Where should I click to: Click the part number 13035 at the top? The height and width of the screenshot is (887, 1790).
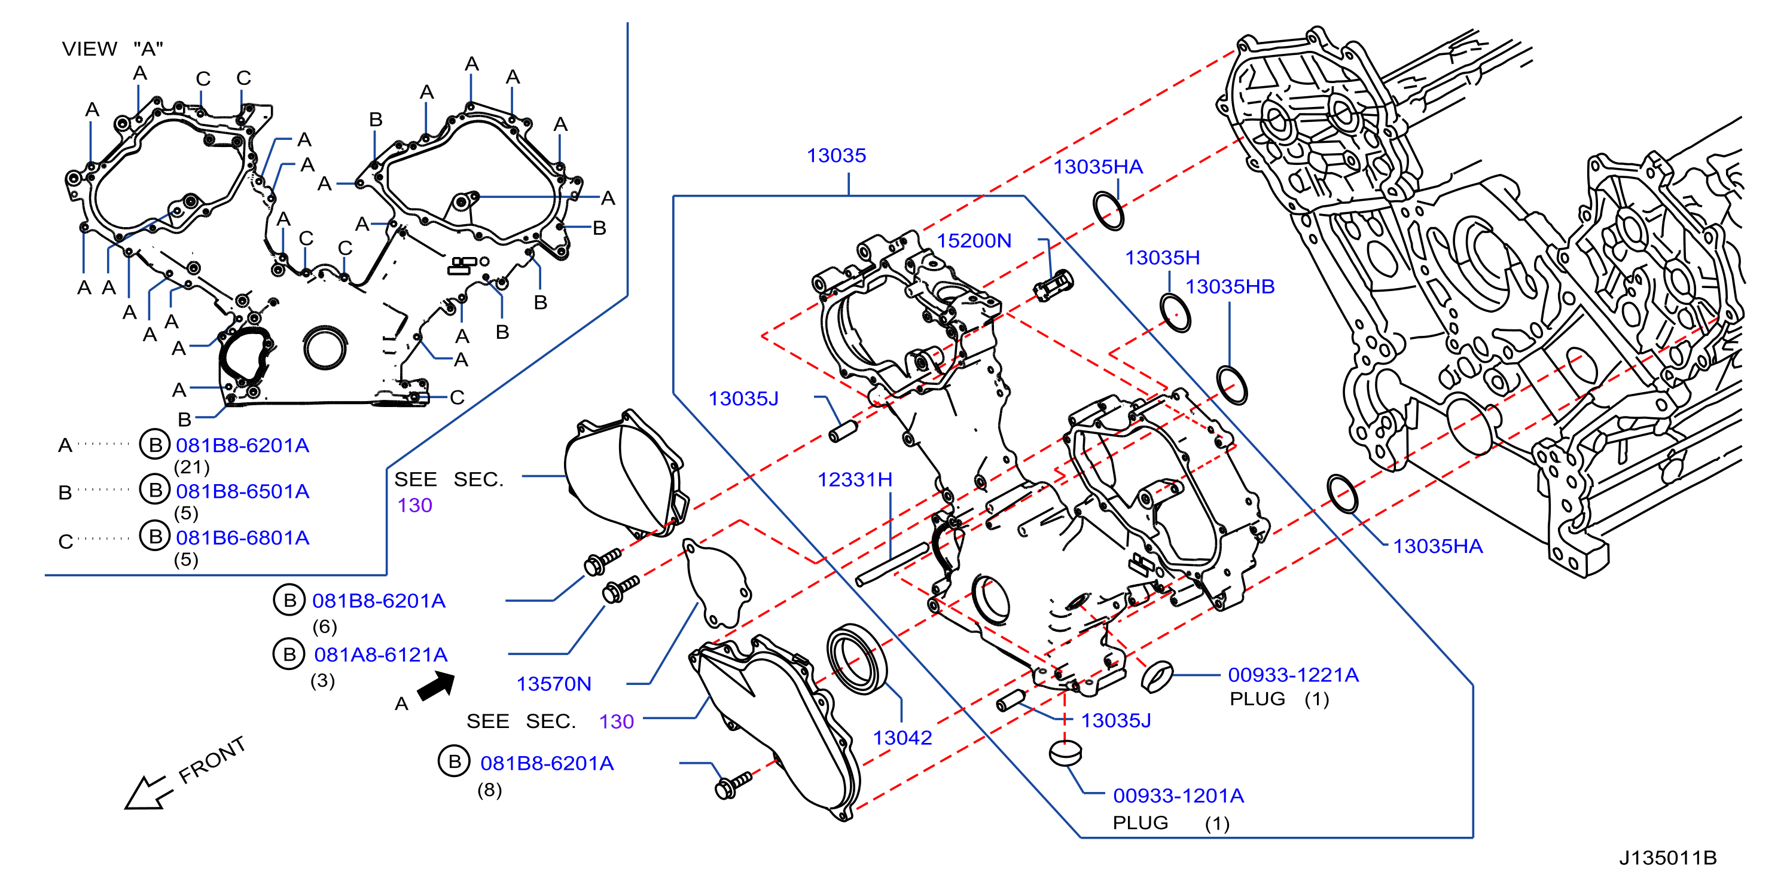point(836,155)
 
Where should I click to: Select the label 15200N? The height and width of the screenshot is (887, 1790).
point(974,240)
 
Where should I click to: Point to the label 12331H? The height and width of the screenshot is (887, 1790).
point(855,479)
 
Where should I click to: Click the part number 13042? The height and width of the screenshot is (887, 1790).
point(902,738)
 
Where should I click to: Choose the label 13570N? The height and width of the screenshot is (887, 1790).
point(554,684)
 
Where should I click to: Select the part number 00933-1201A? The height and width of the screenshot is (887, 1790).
point(1179,796)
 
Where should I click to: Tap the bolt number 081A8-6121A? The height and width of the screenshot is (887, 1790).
point(381,654)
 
